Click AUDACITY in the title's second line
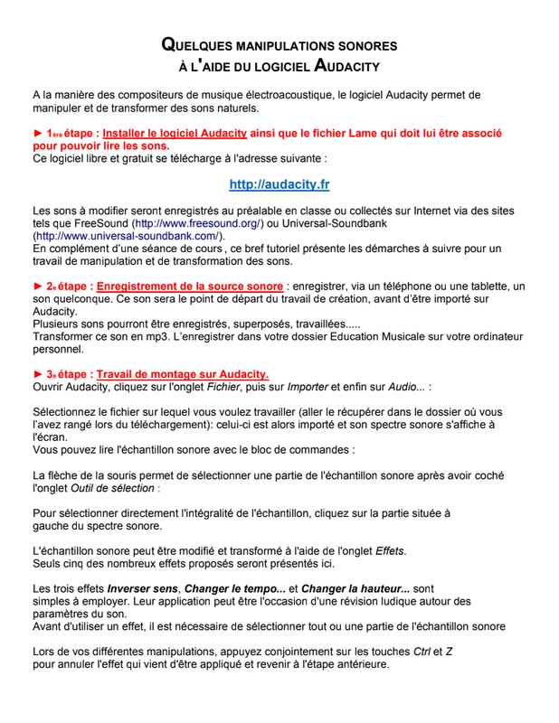[x=346, y=66]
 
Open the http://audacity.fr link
[x=279, y=184]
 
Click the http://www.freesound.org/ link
[x=197, y=222]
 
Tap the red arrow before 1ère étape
[x=38, y=133]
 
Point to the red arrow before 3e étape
[x=38, y=374]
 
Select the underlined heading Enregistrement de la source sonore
[x=190, y=286]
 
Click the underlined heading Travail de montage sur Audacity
[x=182, y=374]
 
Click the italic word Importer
[x=308, y=387]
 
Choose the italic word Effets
[x=390, y=550]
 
